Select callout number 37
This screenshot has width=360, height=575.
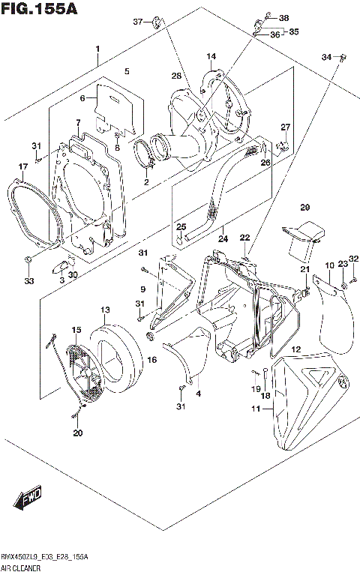[137, 21]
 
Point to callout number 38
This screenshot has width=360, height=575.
[283, 18]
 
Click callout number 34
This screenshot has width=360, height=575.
[325, 57]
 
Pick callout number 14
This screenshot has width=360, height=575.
[211, 56]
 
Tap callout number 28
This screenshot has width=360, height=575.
[176, 76]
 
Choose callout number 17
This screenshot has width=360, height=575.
[23, 166]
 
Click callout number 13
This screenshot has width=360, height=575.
[105, 310]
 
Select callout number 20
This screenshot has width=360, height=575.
[78, 433]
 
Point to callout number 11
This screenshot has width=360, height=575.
[256, 409]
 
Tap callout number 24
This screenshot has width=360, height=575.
[222, 240]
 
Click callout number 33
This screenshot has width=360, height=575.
[28, 281]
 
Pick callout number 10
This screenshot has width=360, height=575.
[329, 266]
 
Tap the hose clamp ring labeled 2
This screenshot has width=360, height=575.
[146, 155]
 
